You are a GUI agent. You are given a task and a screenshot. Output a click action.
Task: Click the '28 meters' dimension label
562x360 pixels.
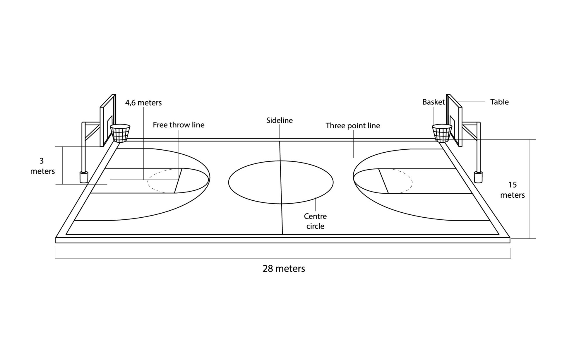tap(284, 269)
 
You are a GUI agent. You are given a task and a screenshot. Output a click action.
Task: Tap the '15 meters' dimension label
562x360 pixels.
tap(512, 190)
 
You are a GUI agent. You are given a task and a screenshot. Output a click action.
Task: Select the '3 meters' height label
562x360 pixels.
tap(42, 166)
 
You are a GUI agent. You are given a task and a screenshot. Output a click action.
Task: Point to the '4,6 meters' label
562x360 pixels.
tap(143, 103)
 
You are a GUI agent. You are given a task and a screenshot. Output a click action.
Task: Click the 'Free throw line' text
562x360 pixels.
tap(179, 125)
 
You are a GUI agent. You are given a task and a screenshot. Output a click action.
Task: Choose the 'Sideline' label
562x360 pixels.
tap(280, 120)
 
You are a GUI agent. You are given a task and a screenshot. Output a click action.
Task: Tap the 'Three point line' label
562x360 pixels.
tap(353, 126)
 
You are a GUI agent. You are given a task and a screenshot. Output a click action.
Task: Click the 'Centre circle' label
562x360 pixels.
tap(315, 221)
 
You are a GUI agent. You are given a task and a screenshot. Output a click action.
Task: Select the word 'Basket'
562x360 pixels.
tap(434, 102)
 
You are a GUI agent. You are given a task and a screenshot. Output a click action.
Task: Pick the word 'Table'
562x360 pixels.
tap(499, 102)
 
